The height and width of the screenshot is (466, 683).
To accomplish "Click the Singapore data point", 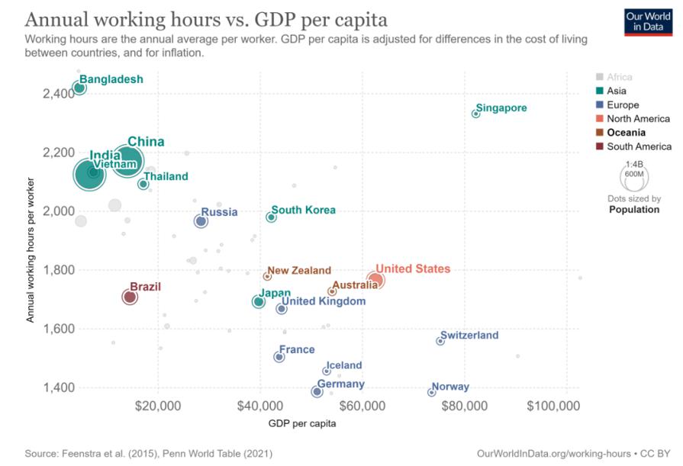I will point(475,113).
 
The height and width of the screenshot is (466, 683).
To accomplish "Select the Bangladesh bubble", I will point(79,88).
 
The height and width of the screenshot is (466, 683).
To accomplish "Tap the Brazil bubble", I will point(130,297).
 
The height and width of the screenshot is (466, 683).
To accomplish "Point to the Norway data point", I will point(432,392).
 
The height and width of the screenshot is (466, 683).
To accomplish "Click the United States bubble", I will point(375,280).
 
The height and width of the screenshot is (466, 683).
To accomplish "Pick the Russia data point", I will point(201,221).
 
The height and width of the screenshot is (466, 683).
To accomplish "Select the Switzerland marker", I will point(440,341).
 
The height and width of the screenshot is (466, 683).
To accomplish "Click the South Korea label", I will point(303,210).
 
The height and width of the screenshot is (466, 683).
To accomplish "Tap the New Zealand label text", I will point(299,270).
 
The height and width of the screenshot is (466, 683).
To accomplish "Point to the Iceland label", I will point(343,365).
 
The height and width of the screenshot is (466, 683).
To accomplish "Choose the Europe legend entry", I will point(622,104).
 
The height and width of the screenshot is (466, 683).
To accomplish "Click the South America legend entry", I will point(633,146).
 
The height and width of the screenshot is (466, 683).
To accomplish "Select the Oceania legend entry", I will point(626,133).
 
